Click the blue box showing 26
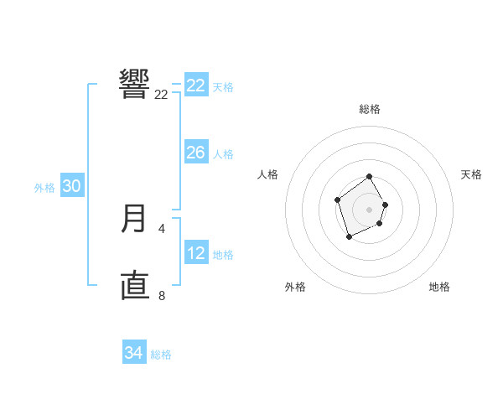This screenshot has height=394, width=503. click(195, 153)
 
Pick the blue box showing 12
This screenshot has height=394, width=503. click(195, 253)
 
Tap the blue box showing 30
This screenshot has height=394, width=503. click(71, 186)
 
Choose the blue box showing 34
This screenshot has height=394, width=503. click(133, 353)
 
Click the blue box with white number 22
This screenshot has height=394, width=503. click(195, 86)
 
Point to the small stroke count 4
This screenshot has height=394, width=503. click(162, 228)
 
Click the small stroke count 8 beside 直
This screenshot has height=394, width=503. click(162, 294)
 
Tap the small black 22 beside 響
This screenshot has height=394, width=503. click(161, 95)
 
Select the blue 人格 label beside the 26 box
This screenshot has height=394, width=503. click(223, 154)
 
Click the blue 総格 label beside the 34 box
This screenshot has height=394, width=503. click(161, 355)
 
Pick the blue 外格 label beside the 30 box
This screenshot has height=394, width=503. click(44, 188)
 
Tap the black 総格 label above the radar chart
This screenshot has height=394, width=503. click(370, 109)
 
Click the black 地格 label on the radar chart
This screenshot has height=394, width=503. click(439, 287)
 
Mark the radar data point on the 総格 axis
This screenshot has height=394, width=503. click(370, 178)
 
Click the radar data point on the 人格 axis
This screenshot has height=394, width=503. click(337, 200)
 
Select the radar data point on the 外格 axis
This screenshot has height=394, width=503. click(349, 237)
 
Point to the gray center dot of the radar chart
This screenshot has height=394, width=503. click(370, 210)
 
